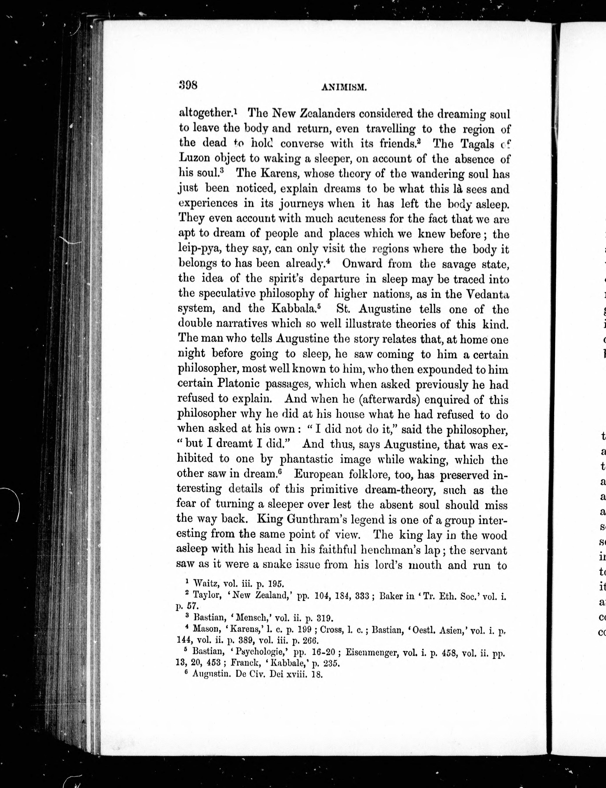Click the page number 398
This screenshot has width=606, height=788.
[x=188, y=86]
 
